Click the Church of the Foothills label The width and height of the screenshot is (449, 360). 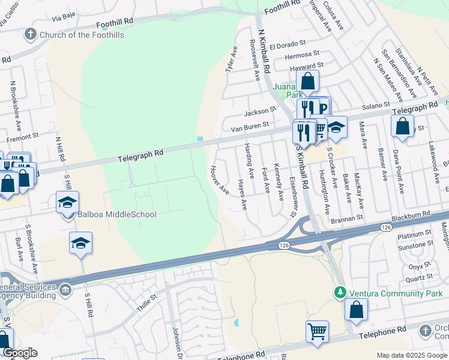click(x=82, y=35)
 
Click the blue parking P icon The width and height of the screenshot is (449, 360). click(x=322, y=109)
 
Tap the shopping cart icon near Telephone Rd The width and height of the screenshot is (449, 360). click(x=317, y=331)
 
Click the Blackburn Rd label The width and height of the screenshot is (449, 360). click(x=411, y=214)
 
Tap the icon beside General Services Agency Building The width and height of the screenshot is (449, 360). click(x=67, y=291)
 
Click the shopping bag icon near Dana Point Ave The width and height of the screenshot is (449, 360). click(x=402, y=126)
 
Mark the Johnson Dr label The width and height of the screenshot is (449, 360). click(x=176, y=339)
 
